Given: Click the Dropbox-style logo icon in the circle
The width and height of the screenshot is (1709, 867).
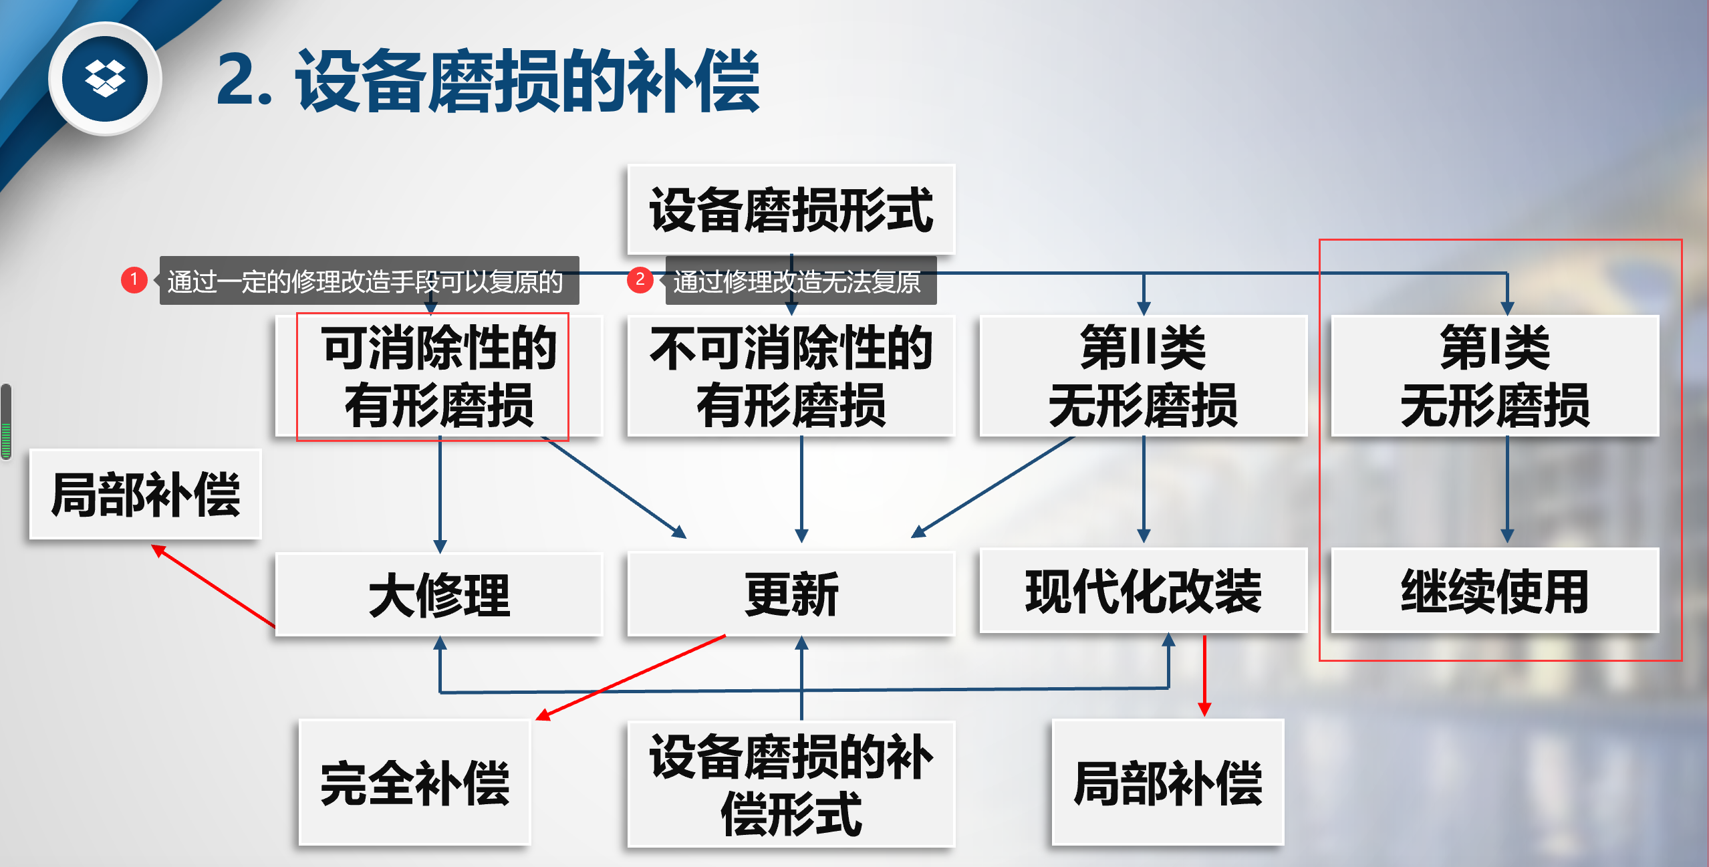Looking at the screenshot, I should (105, 79).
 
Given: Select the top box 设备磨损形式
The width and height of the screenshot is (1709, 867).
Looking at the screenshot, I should (791, 209).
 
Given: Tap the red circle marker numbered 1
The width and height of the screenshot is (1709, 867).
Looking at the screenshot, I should (134, 279).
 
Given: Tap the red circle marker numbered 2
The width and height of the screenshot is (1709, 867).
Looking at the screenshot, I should (640, 279).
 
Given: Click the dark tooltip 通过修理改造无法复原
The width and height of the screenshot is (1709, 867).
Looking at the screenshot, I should (800, 281).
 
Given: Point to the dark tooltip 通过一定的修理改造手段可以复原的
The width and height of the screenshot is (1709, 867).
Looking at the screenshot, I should (368, 281).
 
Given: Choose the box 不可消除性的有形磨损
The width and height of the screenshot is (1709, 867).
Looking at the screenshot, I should (791, 376).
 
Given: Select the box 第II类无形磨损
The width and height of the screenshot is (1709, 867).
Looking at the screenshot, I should (1143, 376).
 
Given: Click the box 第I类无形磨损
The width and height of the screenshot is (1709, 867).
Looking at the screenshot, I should (1494, 376).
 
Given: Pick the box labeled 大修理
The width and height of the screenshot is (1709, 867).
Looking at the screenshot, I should (439, 594).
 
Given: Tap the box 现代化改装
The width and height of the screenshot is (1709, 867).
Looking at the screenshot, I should (1143, 591).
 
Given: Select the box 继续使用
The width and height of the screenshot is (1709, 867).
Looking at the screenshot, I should (1494, 591).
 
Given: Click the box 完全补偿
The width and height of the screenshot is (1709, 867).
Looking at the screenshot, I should (414, 783).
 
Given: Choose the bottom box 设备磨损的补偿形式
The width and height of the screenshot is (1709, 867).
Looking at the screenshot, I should (791, 784).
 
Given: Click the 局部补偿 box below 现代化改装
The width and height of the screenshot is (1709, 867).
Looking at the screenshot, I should (1168, 783).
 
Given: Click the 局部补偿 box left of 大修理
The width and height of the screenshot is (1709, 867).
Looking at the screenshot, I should (145, 495).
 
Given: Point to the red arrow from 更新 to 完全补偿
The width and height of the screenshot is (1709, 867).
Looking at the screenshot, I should (632, 676).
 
